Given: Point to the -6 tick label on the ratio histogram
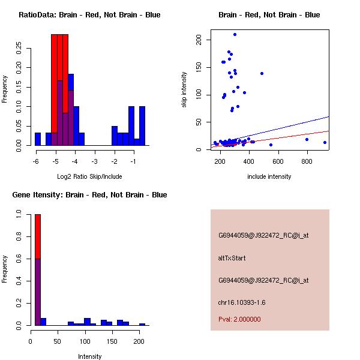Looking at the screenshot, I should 36,161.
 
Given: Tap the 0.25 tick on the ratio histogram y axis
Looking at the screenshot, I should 19,49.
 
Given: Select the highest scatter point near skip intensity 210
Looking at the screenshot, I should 235,35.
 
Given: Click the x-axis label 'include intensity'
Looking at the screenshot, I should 269,176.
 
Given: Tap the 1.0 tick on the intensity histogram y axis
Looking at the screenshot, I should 19,214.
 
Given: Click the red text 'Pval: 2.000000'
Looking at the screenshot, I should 239,319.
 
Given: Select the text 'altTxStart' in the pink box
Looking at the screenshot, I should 232,258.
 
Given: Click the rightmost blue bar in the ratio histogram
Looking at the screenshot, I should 142,126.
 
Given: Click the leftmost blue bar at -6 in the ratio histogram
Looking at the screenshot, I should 38,139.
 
